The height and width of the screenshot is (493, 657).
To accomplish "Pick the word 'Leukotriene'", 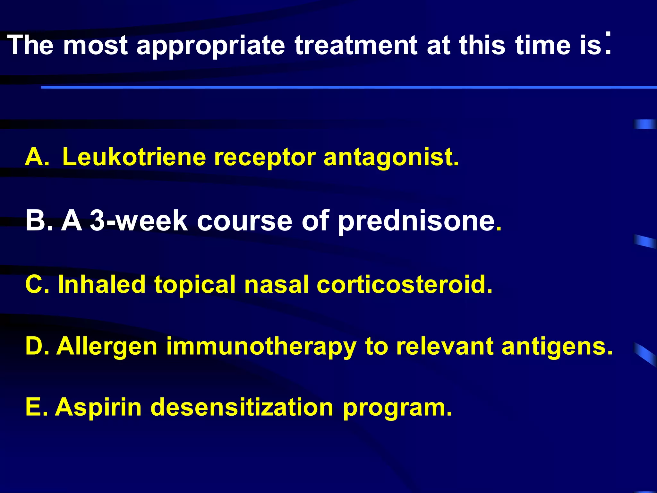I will (x=134, y=157).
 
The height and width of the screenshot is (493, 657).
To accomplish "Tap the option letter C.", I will (x=36, y=285).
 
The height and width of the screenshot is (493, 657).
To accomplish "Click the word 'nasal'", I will (x=276, y=285).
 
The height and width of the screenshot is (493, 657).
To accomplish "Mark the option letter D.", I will (x=36, y=346).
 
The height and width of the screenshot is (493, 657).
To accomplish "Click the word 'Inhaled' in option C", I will (x=102, y=285).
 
